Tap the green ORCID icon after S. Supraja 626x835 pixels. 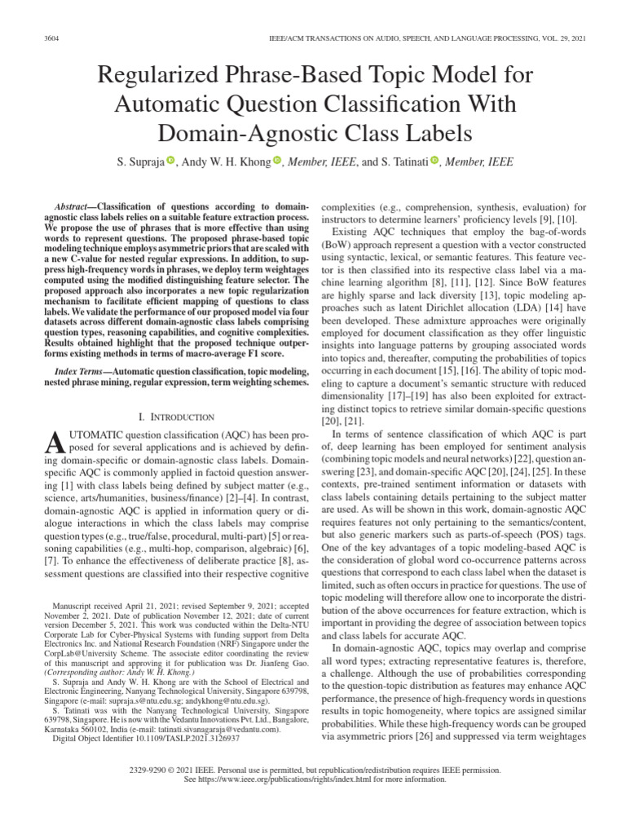(170, 161)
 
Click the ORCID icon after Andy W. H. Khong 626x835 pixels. (277, 161)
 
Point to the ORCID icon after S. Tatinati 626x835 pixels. (434, 161)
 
